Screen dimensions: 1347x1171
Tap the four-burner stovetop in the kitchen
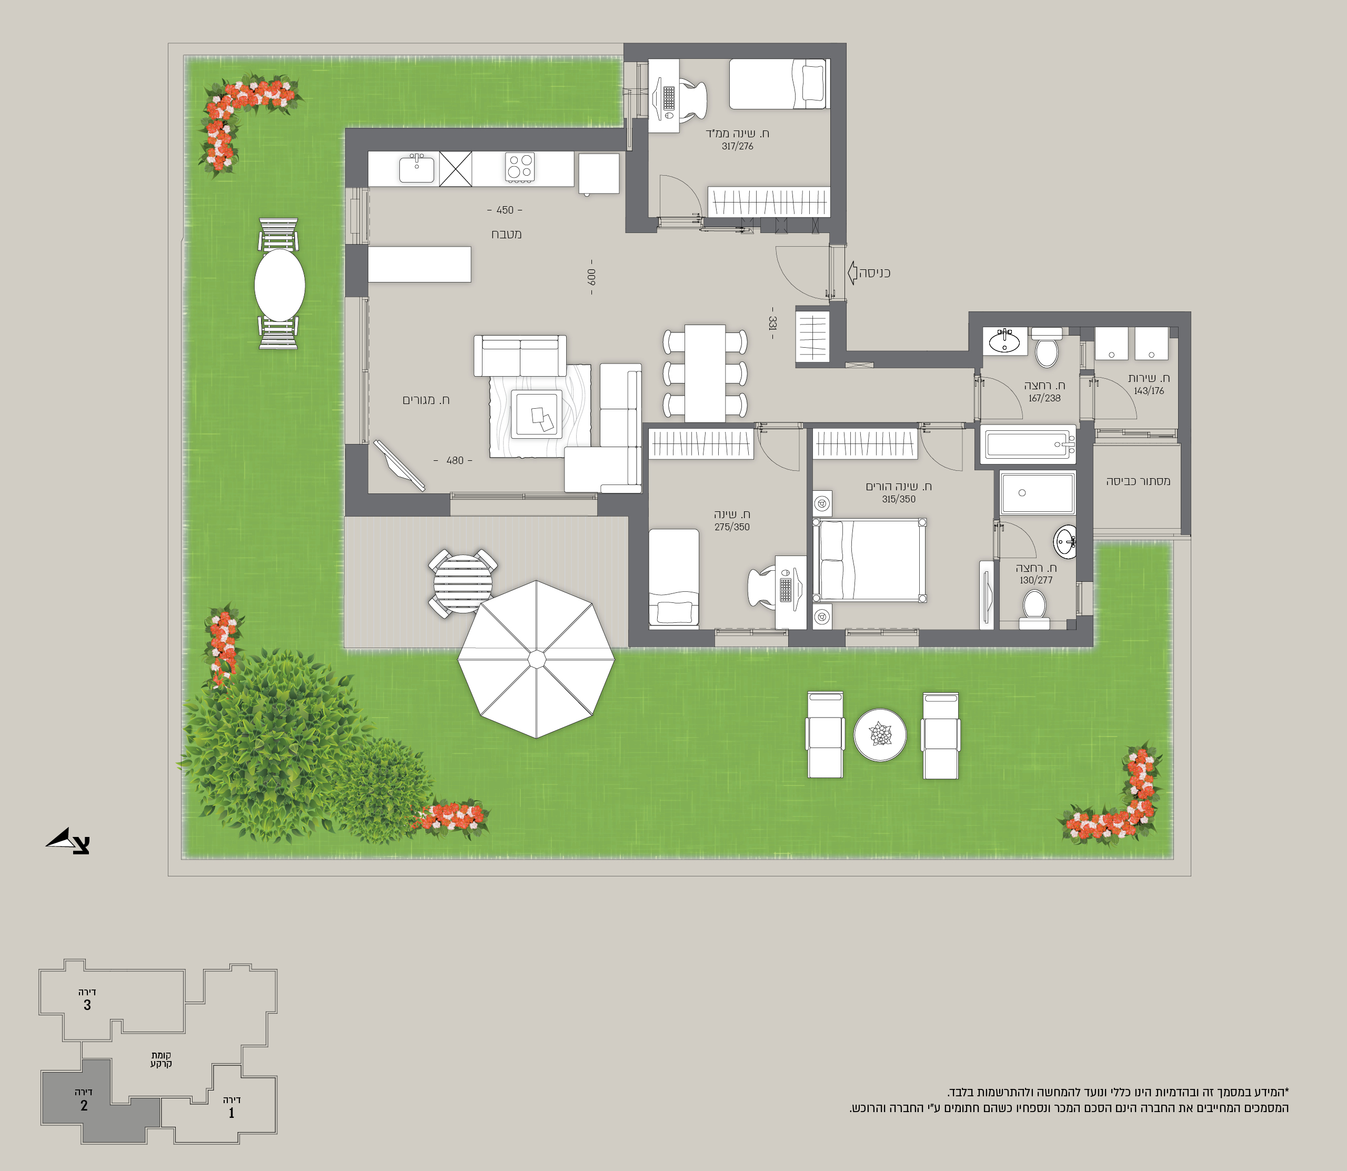click(x=520, y=167)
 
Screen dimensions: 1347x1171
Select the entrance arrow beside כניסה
click(x=852, y=272)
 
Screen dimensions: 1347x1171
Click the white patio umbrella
click(x=536, y=659)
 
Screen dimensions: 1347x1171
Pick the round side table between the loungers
click(x=880, y=735)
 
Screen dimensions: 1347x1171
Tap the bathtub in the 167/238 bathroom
click(x=1028, y=445)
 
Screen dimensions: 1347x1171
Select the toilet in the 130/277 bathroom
click(x=1034, y=608)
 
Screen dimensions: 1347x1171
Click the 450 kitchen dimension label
click(x=505, y=210)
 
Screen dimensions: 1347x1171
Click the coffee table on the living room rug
click(x=537, y=413)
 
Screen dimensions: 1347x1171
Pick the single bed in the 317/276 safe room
click(x=778, y=84)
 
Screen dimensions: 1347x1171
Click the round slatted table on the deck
click(x=463, y=583)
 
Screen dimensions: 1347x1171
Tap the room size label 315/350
click(x=899, y=499)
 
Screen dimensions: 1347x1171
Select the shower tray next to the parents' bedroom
click(x=1037, y=493)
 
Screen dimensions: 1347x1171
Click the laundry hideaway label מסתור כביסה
click(x=1138, y=481)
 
